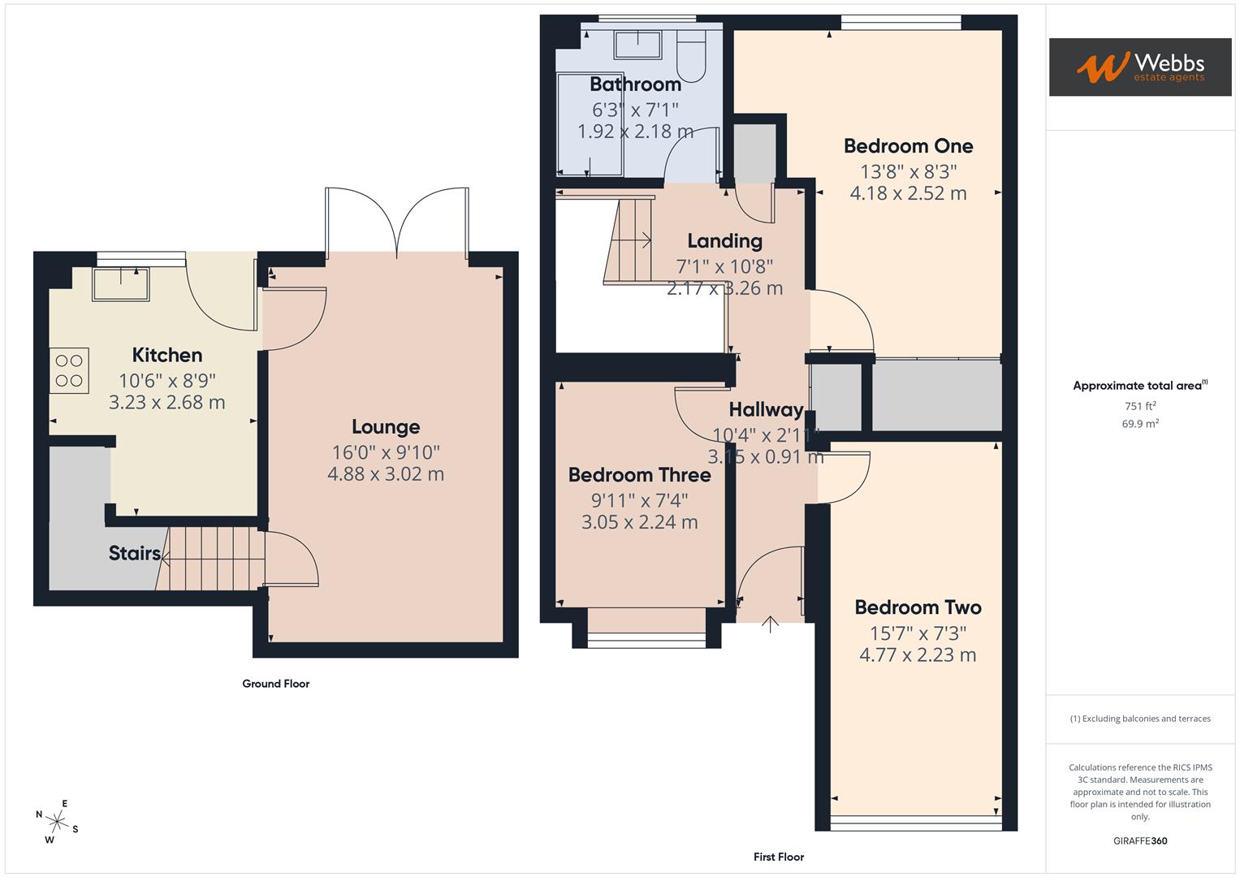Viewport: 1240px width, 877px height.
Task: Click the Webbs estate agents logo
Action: click(x=1140, y=67)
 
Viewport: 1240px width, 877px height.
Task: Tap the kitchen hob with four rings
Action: click(x=69, y=370)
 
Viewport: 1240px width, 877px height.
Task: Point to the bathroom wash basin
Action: click(x=637, y=45)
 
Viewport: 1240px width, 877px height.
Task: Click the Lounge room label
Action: click(x=386, y=427)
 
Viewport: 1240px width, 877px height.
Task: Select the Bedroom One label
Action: click(x=908, y=146)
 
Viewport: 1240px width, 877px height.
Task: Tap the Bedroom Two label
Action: click(x=918, y=607)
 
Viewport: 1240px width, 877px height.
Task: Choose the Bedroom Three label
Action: click(x=639, y=475)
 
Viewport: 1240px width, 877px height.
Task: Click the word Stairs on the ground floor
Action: click(x=134, y=553)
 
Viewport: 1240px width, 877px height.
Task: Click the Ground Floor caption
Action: click(x=276, y=684)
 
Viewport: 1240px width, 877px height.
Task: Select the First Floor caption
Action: click(x=778, y=857)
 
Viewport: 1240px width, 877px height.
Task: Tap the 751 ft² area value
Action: click(x=1140, y=406)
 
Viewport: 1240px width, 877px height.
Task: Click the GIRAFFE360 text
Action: click(x=1140, y=840)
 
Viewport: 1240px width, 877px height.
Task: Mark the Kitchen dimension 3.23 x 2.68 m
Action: click(x=166, y=403)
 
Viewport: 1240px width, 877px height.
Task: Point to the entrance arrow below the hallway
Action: click(x=770, y=624)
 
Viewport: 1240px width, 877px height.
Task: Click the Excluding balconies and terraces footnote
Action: click(x=1140, y=719)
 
